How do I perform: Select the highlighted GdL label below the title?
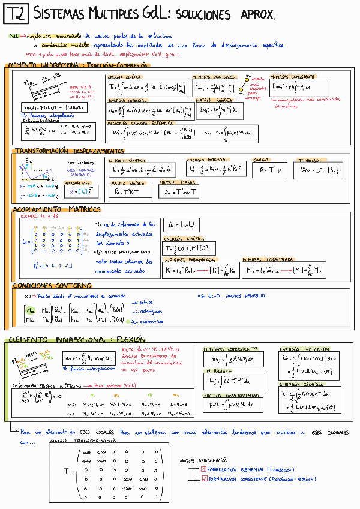click(x=13, y=36)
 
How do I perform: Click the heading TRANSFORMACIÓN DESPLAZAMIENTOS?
click(x=68, y=151)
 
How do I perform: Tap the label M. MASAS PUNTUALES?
click(x=214, y=77)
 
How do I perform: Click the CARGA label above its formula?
click(x=261, y=160)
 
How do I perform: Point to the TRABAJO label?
click(x=310, y=160)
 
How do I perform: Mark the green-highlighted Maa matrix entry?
click(x=30, y=310)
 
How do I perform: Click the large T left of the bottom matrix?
click(x=67, y=471)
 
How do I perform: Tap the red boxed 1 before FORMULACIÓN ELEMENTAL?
click(x=203, y=469)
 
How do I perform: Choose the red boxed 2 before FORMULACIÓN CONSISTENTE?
click(x=203, y=478)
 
